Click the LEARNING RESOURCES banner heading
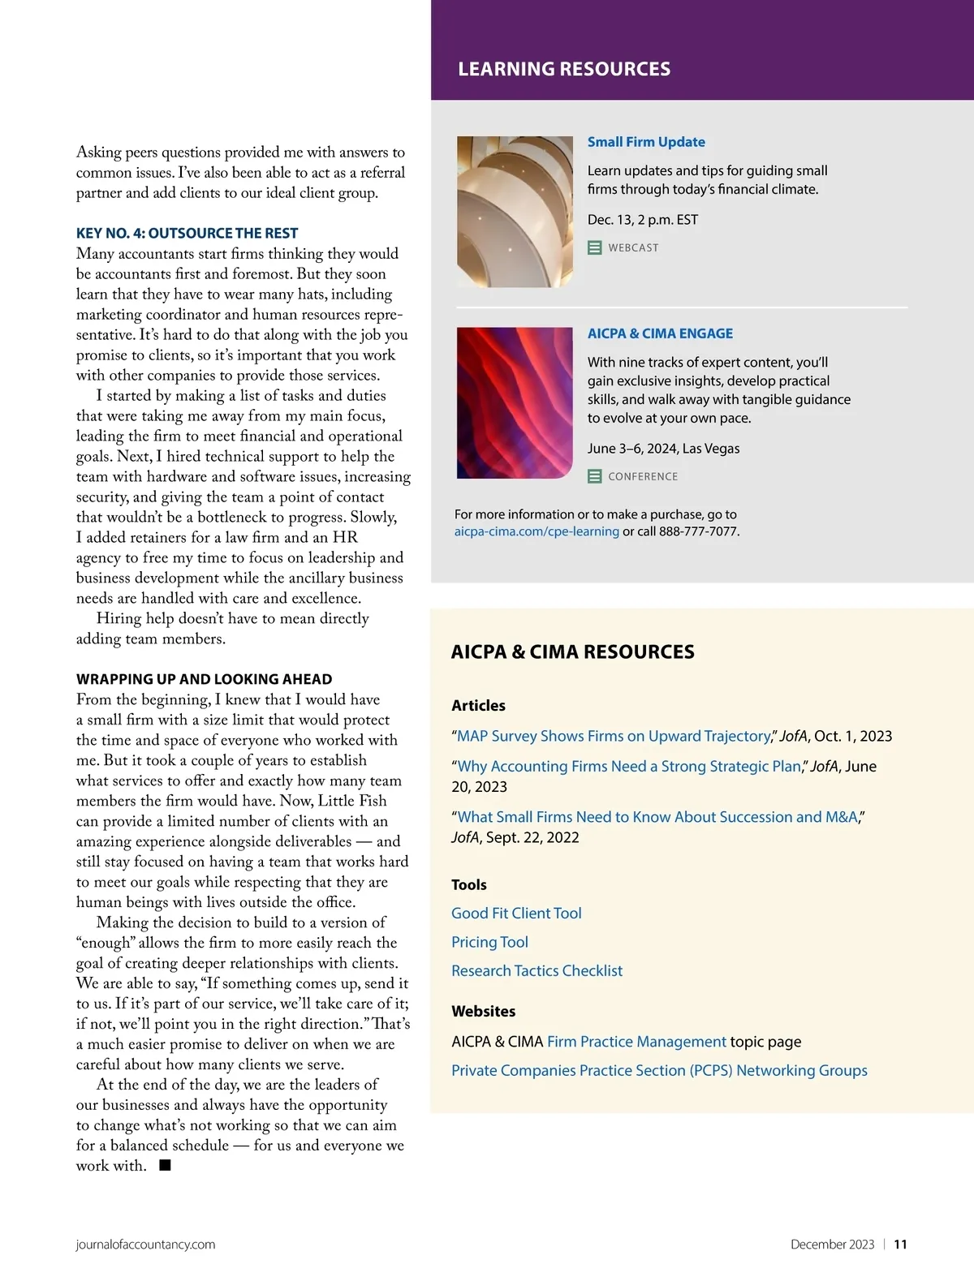coord(564,69)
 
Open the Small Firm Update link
coord(646,142)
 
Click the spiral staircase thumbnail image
coord(515,212)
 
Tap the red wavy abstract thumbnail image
coord(515,402)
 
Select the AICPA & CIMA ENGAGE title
coord(660,333)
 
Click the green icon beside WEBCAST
coord(595,247)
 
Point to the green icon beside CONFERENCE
coord(595,476)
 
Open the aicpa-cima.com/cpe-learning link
coord(537,531)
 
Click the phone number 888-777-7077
coord(698,531)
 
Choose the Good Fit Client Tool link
coord(516,913)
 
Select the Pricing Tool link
coord(489,942)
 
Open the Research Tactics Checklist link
coord(537,970)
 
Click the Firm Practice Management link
coord(636,1042)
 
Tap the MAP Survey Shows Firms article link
coord(613,736)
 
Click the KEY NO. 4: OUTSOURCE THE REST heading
coord(187,233)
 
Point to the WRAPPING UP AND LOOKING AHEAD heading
coord(204,679)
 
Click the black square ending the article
coord(165,1165)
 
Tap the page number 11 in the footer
coord(900,1245)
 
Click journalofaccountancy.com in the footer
coord(145,1245)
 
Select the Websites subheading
coord(483,1011)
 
